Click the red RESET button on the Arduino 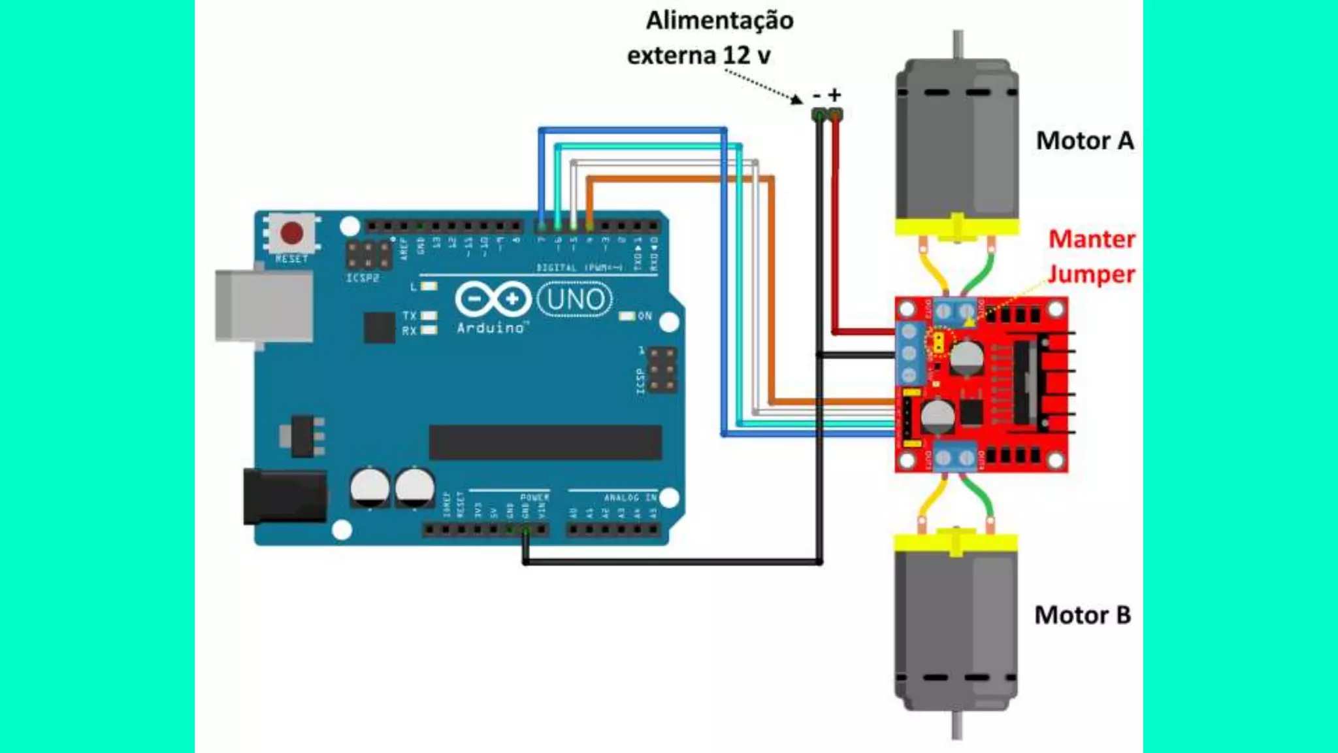tap(291, 233)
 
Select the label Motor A tap(1085, 141)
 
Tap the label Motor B tap(1082, 615)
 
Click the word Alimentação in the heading tap(719, 20)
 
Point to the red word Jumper tap(1091, 274)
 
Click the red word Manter tap(1092, 239)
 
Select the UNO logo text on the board tap(575, 299)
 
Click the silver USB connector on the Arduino tap(264, 306)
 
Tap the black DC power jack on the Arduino tap(285, 497)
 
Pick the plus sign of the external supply tap(834, 95)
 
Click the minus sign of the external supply tap(817, 96)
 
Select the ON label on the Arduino tap(645, 316)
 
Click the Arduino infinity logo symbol tap(493, 299)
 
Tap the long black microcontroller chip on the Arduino tap(545, 443)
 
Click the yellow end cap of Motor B tap(956, 543)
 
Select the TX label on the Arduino tap(409, 316)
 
